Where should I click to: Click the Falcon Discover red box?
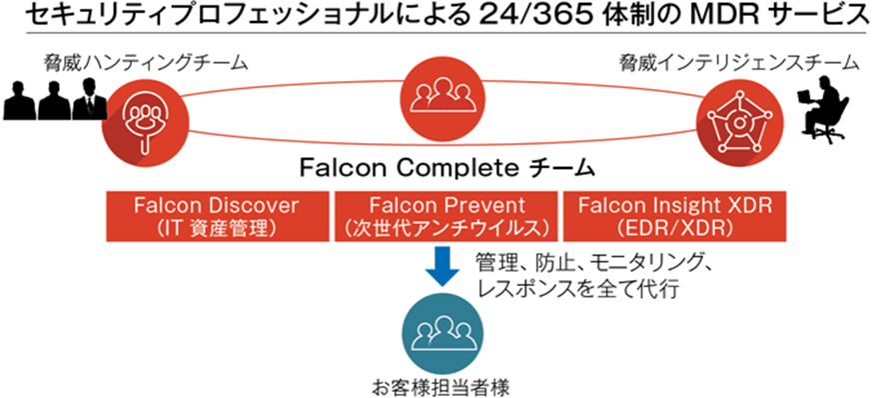pos(216,214)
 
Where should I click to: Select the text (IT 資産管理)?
pos(216,226)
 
